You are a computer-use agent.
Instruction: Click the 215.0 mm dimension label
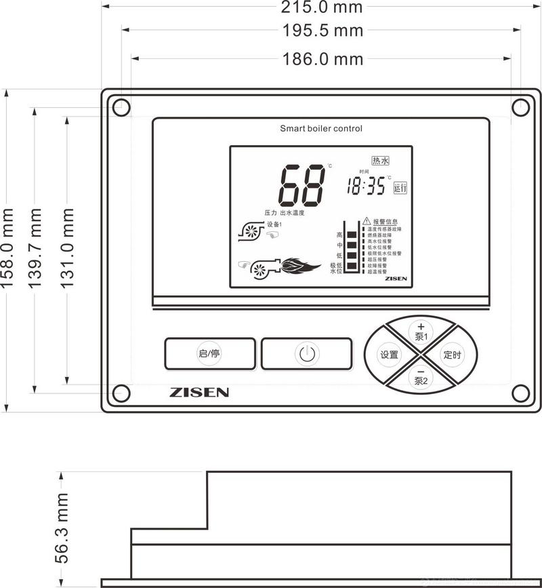(322, 7)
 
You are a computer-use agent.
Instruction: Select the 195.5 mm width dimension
(322, 31)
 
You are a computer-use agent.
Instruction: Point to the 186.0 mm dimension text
(322, 59)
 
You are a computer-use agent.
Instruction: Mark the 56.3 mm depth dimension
(62, 529)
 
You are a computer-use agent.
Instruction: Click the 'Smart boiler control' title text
(321, 128)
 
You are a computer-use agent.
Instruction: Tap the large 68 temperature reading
(302, 186)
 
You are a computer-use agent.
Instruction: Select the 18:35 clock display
(366, 186)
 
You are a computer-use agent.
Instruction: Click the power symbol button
(307, 354)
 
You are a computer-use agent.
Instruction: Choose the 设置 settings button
(390, 355)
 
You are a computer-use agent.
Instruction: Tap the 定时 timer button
(453, 355)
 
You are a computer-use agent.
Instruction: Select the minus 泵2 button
(421, 377)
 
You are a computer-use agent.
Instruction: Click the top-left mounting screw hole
(121, 107)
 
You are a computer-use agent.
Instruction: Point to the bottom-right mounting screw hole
(520, 393)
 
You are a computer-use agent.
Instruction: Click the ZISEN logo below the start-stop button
(199, 392)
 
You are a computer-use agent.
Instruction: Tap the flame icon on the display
(300, 265)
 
